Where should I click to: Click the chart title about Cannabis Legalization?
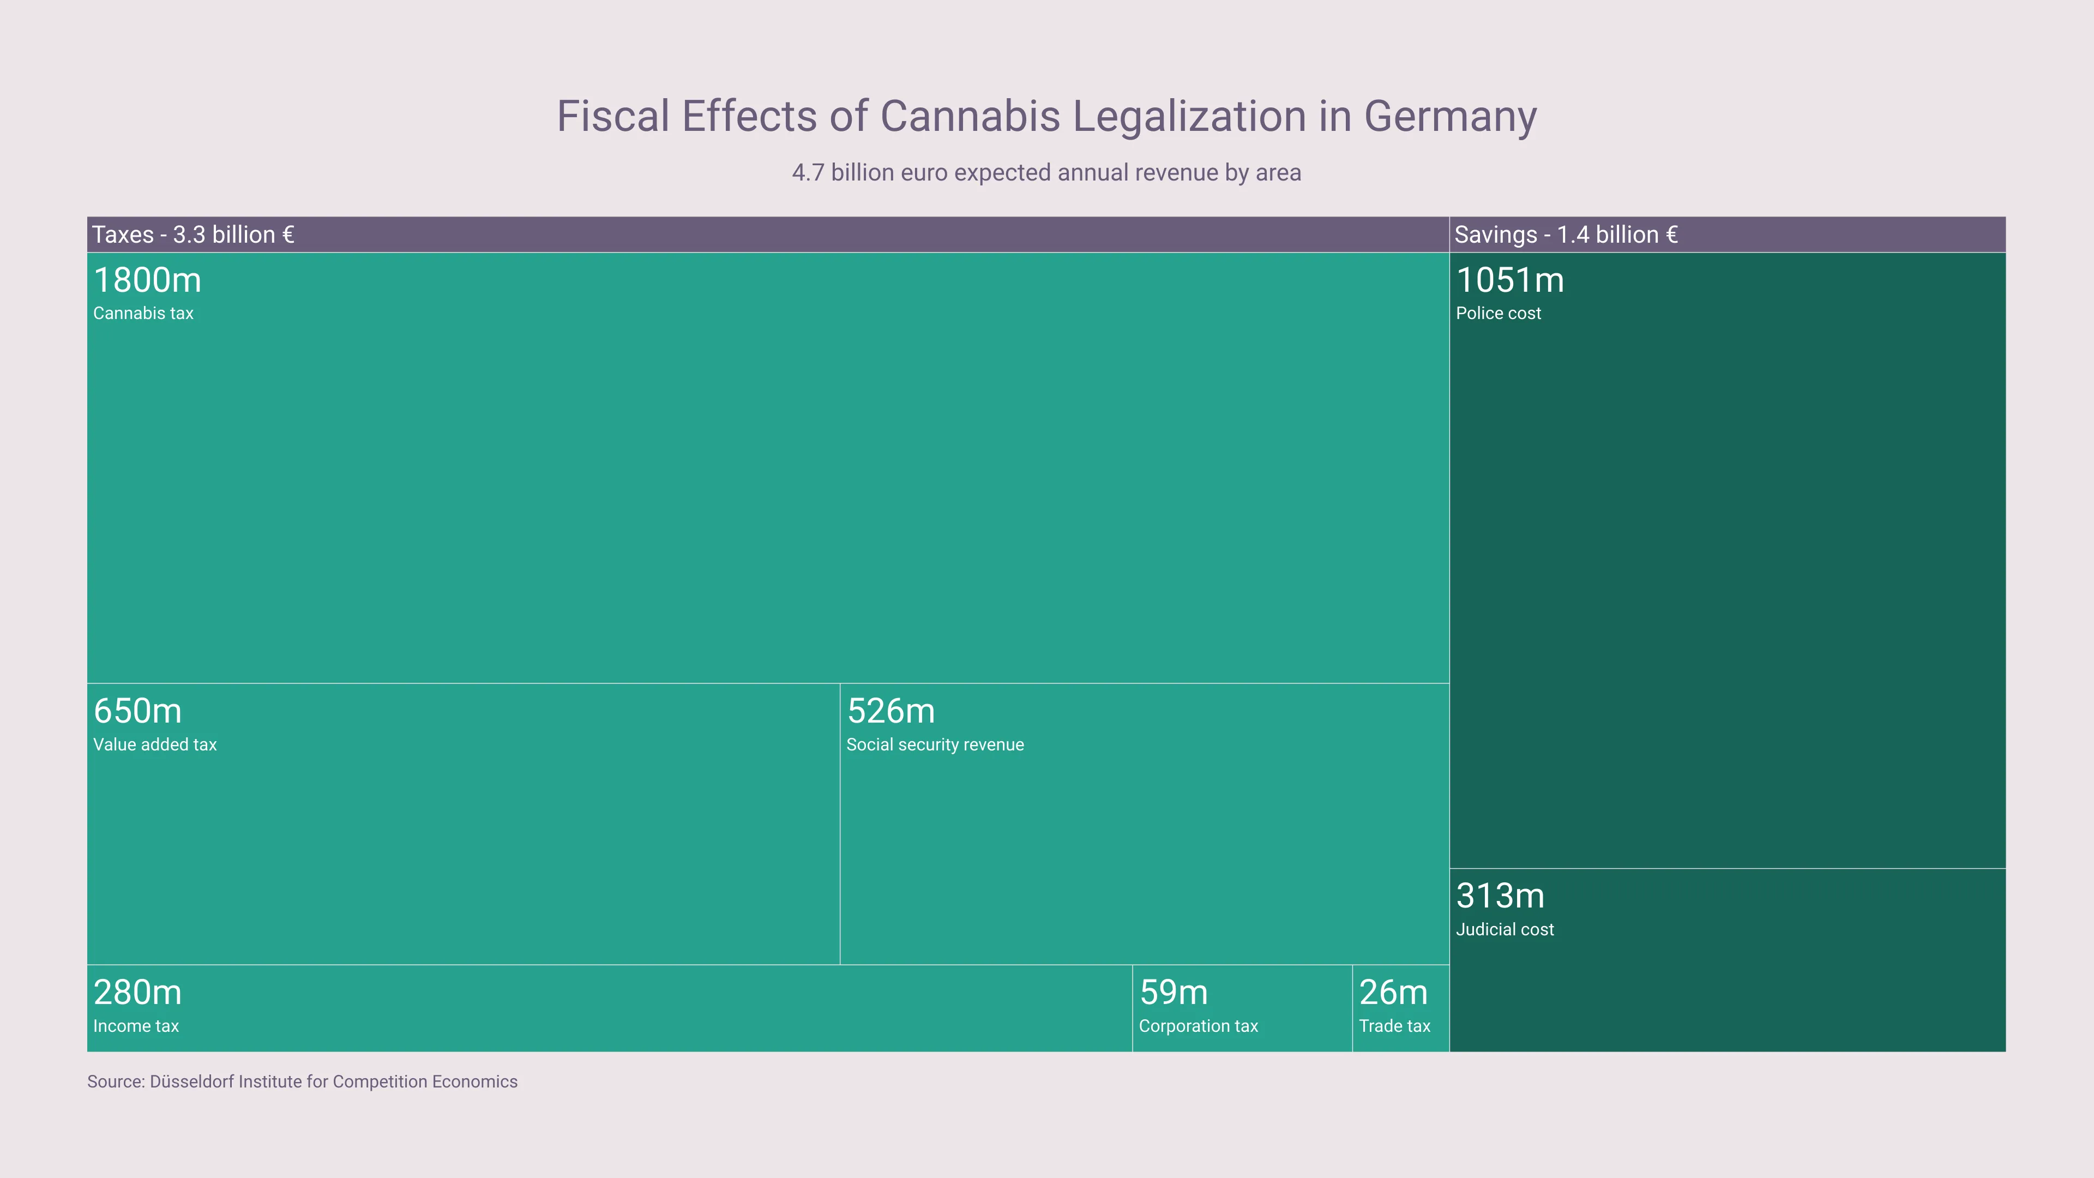pos(1046,116)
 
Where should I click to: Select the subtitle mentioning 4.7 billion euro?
pos(1046,172)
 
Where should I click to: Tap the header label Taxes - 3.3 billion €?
pos(192,235)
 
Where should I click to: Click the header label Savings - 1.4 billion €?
pos(1566,235)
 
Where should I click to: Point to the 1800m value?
pos(147,280)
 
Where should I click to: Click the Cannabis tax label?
pos(143,314)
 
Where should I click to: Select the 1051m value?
pos(1509,280)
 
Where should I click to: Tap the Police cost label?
pos(1498,314)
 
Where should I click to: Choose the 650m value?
pos(137,711)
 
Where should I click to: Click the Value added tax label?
pos(154,744)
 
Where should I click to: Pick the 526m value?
pos(891,711)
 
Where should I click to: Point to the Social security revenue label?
pos(935,744)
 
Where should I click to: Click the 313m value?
pos(1500,896)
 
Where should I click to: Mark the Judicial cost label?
pos(1505,929)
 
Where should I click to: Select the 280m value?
pos(137,993)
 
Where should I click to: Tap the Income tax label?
pos(136,1026)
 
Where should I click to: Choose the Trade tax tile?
pos(1400,1008)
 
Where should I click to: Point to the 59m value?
pos(1173,993)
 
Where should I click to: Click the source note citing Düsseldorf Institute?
pos(303,1082)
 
